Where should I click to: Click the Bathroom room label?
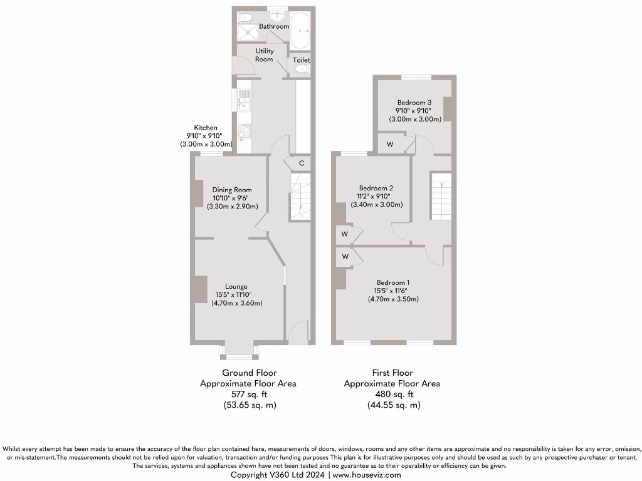[274, 27]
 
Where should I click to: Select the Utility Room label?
[264, 55]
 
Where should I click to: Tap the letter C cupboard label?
[302, 163]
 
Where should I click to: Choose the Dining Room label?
[232, 190]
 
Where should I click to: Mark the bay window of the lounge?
[239, 357]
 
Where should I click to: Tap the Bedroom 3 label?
[414, 103]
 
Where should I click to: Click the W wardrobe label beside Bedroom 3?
[390, 145]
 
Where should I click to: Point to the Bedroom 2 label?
[376, 188]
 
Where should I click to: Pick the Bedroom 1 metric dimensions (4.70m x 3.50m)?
[393, 299]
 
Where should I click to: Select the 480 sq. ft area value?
[393, 395]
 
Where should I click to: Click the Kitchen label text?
[206, 128]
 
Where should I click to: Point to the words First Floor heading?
[392, 373]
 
